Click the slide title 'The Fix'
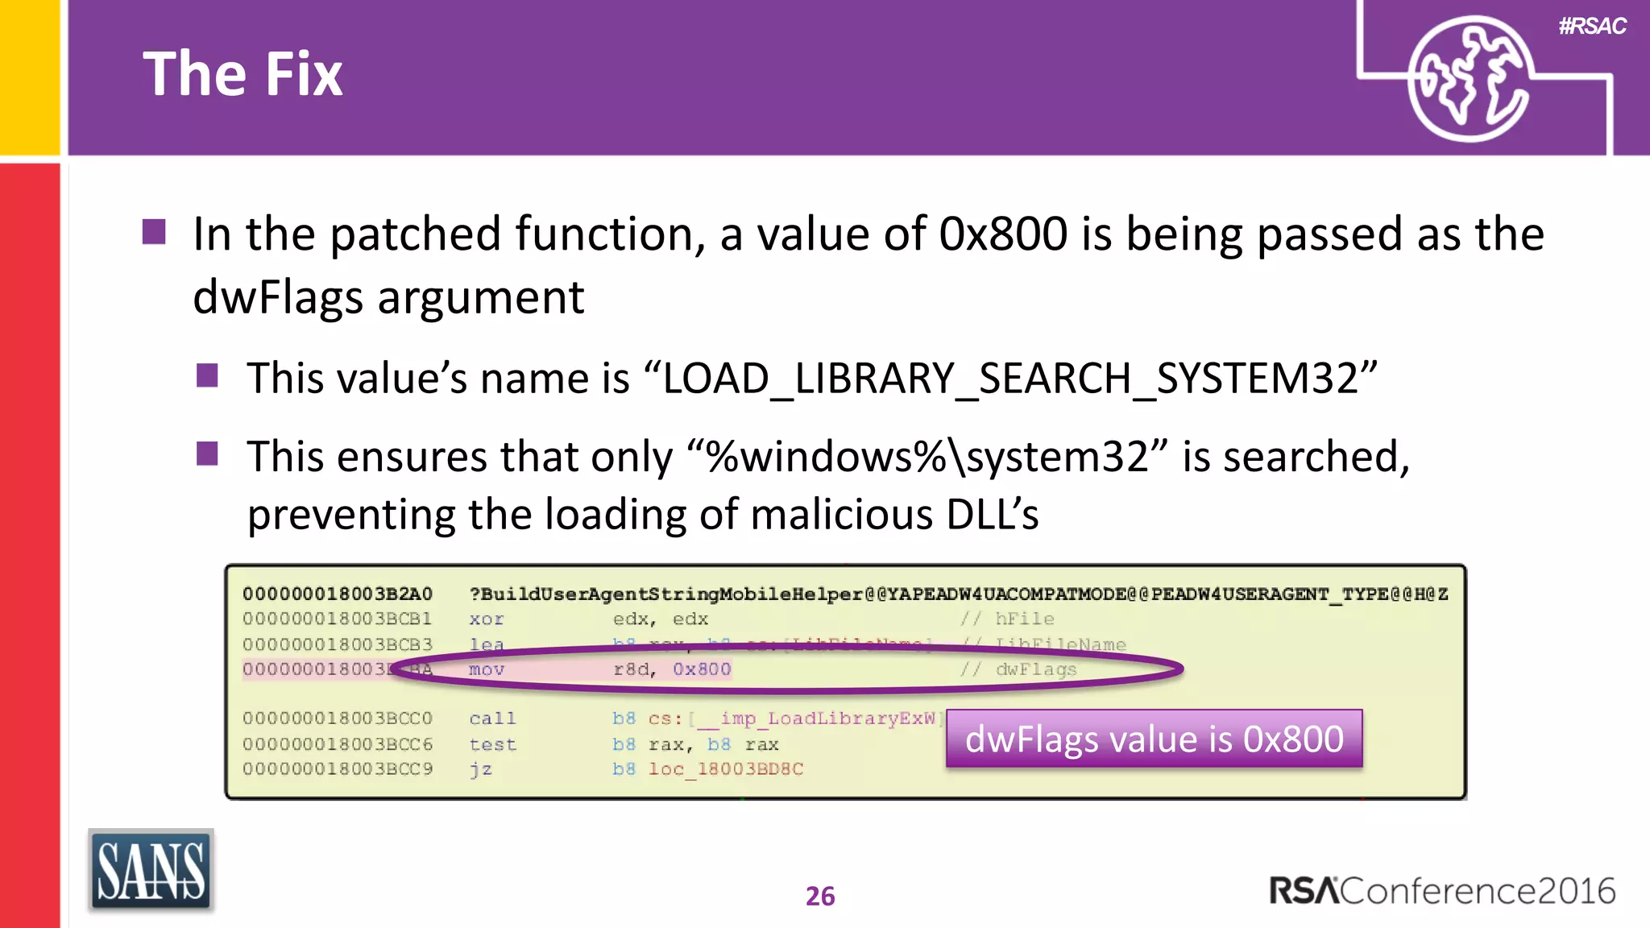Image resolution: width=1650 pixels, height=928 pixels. pyautogui.click(x=243, y=74)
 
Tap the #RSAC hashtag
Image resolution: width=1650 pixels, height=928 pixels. pyautogui.click(x=1592, y=27)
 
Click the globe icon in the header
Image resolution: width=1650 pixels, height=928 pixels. pyautogui.click(x=1468, y=79)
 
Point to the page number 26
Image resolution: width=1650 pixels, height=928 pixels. pyautogui.click(x=820, y=896)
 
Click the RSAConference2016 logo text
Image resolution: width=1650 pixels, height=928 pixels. pyautogui.click(x=1441, y=891)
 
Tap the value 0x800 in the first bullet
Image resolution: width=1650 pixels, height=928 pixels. pyautogui.click(x=1003, y=234)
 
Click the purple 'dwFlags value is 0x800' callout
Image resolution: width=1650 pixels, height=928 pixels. pyautogui.click(x=1154, y=739)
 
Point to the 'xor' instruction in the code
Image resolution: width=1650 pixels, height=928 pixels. pyautogui.click(x=487, y=619)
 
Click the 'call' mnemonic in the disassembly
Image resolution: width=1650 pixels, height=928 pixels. pyautogui.click(x=492, y=719)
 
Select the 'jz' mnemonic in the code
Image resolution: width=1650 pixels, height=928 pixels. pyautogui.click(x=481, y=769)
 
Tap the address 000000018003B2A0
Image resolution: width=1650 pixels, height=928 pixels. pyautogui.click(x=338, y=594)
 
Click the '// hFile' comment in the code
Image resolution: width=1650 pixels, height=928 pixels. pyautogui.click(x=1007, y=619)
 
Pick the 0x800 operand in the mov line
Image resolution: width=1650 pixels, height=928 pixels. pyautogui.click(x=702, y=669)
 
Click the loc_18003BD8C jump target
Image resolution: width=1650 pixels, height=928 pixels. pyautogui.click(x=726, y=769)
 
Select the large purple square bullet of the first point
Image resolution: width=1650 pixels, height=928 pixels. pyautogui.click(x=154, y=232)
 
